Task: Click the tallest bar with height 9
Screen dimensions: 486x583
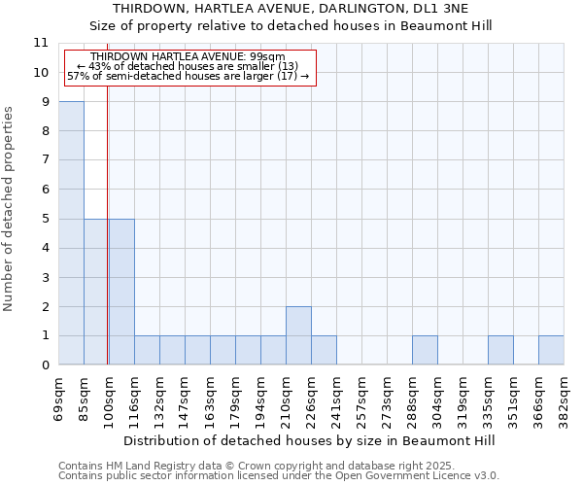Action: pyautogui.click(x=71, y=233)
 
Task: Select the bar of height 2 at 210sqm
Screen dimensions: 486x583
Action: pyautogui.click(x=298, y=335)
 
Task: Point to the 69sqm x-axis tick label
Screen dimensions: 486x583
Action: pyautogui.click(x=59, y=399)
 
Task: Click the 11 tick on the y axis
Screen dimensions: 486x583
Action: pyautogui.click(x=41, y=43)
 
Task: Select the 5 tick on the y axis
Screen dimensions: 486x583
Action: pyautogui.click(x=45, y=219)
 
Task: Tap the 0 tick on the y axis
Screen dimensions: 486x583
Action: pyautogui.click(x=45, y=365)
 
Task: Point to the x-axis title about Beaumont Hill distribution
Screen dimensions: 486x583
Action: pyautogui.click(x=310, y=440)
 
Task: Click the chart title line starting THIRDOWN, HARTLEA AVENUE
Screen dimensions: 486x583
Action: pyautogui.click(x=291, y=10)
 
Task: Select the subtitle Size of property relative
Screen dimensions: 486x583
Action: pyautogui.click(x=291, y=26)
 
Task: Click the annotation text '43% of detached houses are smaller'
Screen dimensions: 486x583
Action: pyautogui.click(x=188, y=66)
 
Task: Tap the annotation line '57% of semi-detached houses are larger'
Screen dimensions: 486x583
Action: pyautogui.click(x=188, y=76)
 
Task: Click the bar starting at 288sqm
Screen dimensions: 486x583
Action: pyautogui.click(x=425, y=350)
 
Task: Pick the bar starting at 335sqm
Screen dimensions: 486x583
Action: pyautogui.click(x=500, y=350)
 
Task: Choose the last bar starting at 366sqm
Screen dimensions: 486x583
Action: pyautogui.click(x=551, y=350)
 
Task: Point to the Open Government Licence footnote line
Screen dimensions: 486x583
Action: pyautogui.click(x=278, y=476)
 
